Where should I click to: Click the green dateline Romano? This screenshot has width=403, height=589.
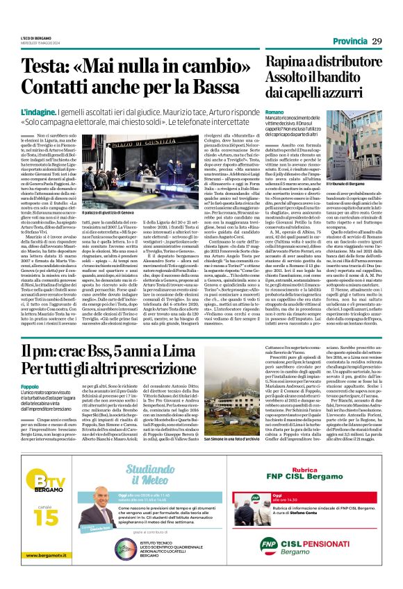click(x=274, y=111)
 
